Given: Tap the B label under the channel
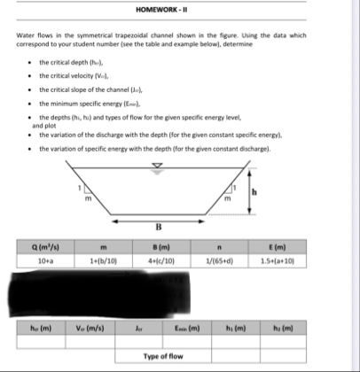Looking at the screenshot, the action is [x=180, y=235].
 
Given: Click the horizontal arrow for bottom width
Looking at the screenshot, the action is [x=180, y=226].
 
